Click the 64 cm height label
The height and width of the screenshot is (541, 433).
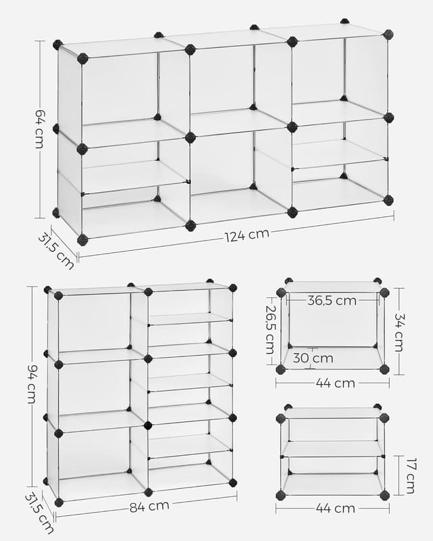click(39, 128)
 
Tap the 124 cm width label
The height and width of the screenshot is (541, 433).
click(247, 235)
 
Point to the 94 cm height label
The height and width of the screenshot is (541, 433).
click(31, 383)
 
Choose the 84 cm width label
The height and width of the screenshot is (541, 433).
click(150, 505)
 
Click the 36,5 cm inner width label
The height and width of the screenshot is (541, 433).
click(332, 301)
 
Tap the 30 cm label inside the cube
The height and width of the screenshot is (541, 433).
click(313, 358)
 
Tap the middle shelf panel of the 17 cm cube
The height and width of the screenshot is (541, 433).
click(333, 449)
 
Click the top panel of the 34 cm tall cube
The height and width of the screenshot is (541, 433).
click(332, 287)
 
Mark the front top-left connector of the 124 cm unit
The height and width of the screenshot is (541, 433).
click(83, 59)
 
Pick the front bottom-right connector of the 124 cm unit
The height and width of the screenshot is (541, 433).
click(388, 200)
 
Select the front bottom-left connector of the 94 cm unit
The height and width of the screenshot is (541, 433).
click(59, 502)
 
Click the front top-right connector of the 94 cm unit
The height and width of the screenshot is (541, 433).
click(233, 288)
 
